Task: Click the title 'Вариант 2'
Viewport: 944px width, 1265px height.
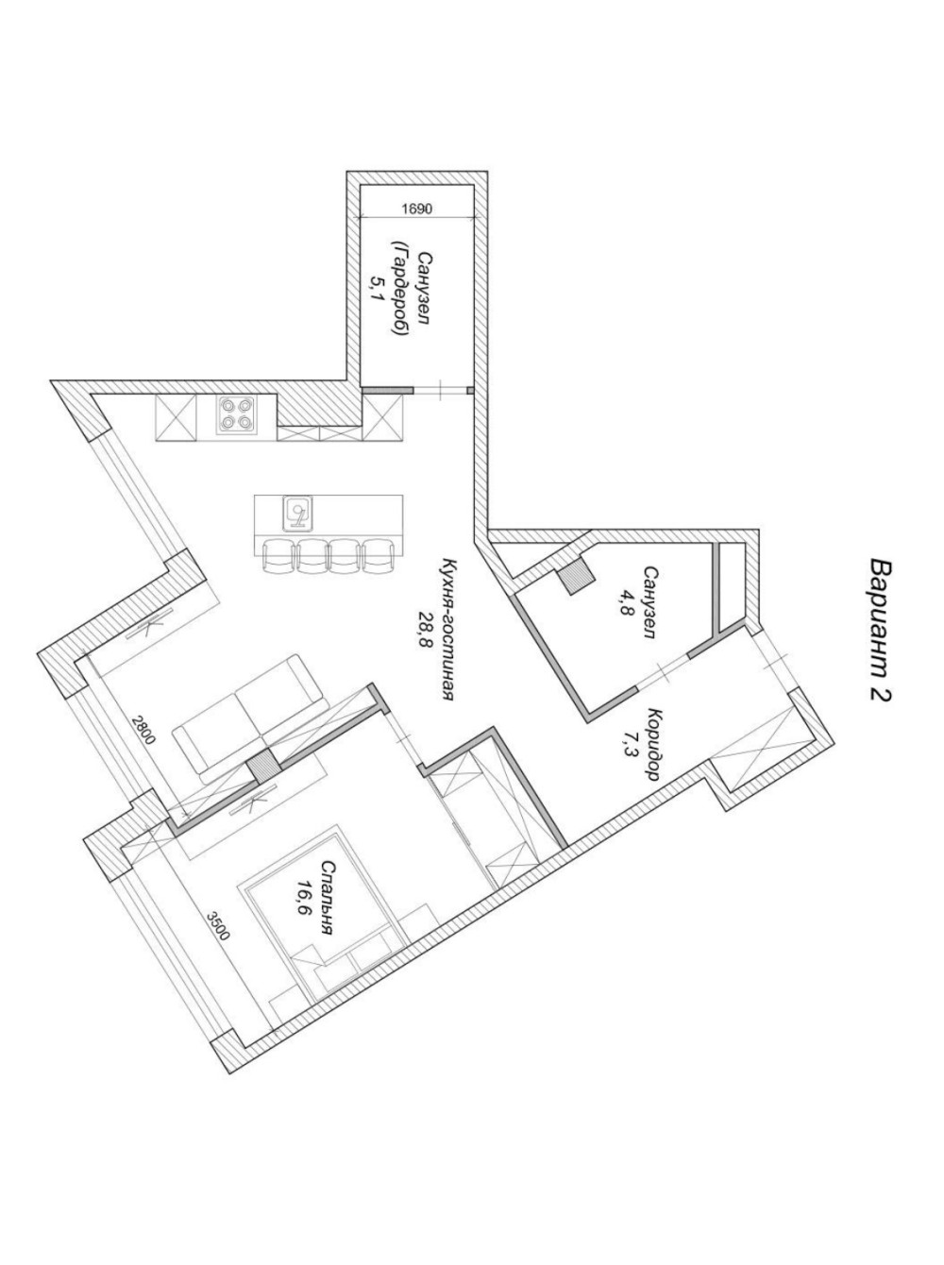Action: (x=881, y=629)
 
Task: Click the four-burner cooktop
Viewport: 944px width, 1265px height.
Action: (x=236, y=413)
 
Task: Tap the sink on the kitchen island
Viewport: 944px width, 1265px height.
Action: (x=297, y=513)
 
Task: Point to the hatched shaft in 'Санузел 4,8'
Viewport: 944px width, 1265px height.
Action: (x=576, y=578)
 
